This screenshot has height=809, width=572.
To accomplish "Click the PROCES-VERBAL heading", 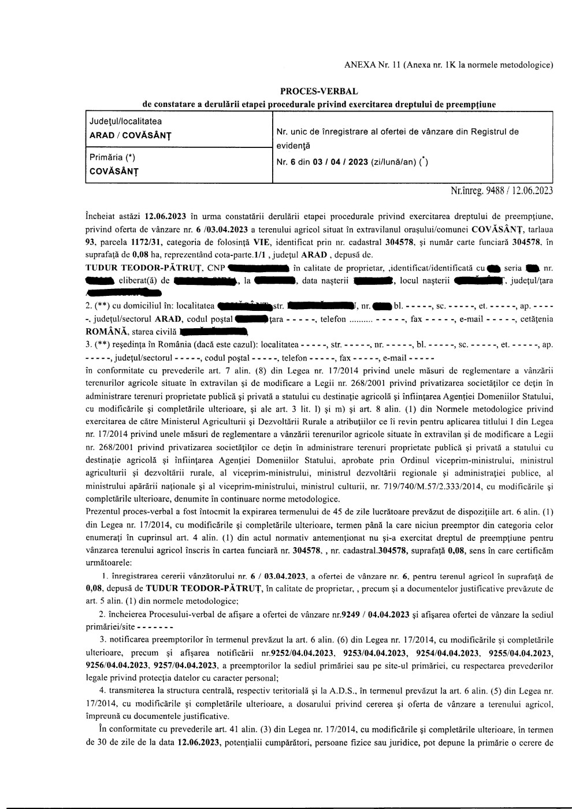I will [318, 91].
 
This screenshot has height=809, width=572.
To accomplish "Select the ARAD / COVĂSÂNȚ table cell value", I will [130, 136].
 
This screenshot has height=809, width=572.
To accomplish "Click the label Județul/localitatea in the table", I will [125, 121].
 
